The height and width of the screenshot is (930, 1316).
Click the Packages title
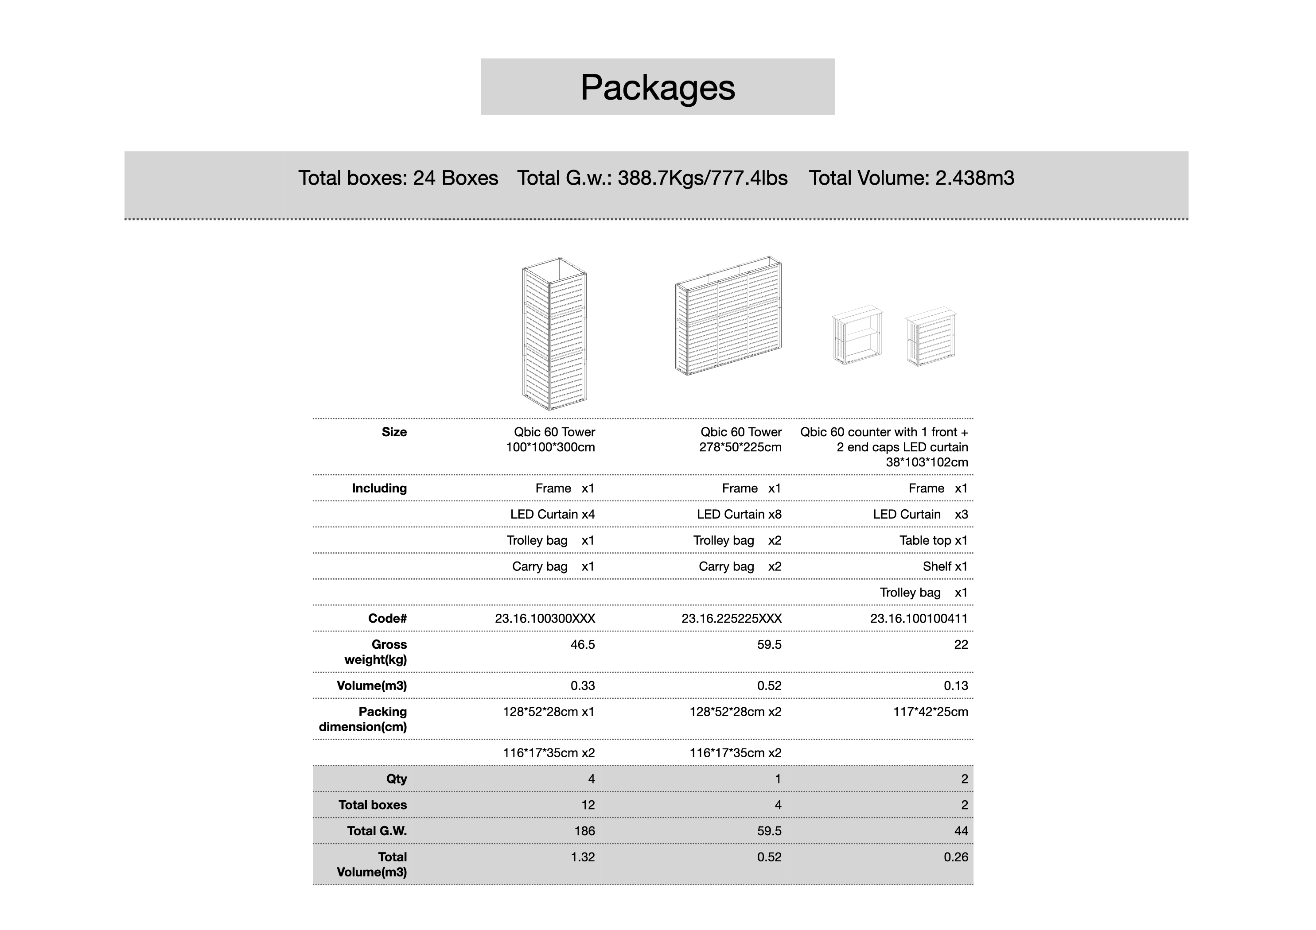point(658,88)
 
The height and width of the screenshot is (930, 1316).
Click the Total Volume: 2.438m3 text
point(911,178)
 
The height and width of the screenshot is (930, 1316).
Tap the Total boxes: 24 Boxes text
point(398,178)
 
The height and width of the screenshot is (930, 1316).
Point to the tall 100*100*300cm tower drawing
point(554,333)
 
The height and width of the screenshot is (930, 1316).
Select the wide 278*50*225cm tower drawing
point(728,316)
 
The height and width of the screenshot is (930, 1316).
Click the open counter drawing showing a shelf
point(857,335)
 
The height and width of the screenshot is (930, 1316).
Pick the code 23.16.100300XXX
point(545,618)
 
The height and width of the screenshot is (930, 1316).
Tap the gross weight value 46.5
point(582,645)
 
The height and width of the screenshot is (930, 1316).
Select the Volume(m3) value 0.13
point(955,686)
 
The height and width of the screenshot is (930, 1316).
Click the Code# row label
point(387,618)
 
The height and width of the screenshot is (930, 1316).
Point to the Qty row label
point(396,779)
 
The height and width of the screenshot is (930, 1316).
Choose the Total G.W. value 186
point(584,831)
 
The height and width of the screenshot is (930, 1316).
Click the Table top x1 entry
point(933,540)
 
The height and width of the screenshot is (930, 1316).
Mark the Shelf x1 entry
point(945,567)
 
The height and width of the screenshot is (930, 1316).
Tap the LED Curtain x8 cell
point(739,515)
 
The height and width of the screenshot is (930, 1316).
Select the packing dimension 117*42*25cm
point(930,712)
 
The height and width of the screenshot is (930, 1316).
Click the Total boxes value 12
point(588,805)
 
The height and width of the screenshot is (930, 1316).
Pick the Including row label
point(379,488)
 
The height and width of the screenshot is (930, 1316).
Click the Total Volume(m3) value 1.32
point(582,857)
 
